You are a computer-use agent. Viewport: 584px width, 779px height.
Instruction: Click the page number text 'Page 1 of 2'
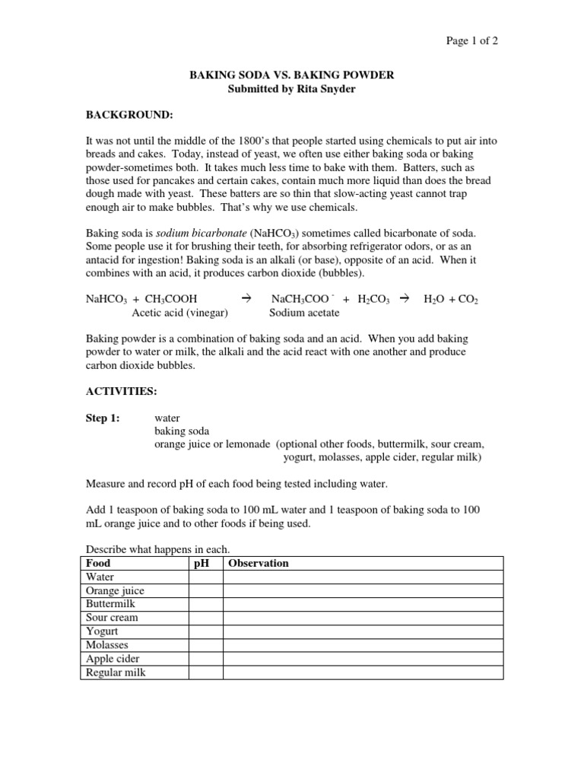point(472,41)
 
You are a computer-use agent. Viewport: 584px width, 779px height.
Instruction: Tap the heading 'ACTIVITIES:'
point(121,391)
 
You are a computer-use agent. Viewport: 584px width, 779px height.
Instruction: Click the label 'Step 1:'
point(103,418)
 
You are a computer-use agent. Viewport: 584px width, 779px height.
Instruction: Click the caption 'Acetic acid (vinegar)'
point(180,313)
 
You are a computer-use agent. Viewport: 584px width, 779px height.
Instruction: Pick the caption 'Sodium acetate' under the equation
point(304,313)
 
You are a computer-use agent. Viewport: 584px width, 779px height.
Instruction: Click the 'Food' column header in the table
point(98,563)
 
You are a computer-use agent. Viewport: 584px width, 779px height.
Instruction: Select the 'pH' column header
point(202,563)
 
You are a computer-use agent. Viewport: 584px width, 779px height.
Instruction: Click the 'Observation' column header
point(259,563)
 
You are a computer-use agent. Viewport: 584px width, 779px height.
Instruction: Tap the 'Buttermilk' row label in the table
point(110,604)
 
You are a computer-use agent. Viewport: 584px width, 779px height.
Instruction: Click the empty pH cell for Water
point(205,577)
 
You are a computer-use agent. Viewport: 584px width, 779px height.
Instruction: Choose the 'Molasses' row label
point(107,645)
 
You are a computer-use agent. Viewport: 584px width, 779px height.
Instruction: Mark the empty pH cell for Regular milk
point(205,672)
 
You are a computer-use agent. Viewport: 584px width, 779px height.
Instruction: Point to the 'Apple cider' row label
point(113,659)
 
